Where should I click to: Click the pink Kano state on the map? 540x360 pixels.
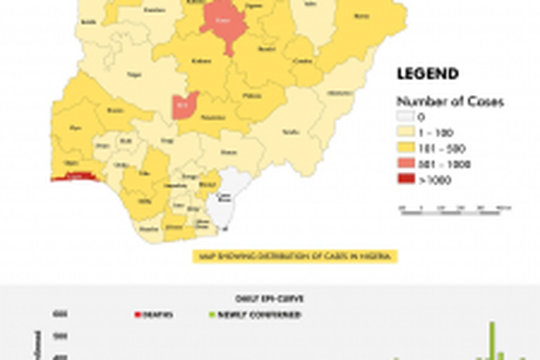pyautogui.click(x=224, y=25)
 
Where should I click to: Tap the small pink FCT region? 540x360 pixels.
pyautogui.click(x=183, y=106)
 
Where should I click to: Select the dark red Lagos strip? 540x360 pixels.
pyautogui.click(x=73, y=177)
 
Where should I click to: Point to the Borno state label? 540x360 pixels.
pyautogui.click(x=359, y=15)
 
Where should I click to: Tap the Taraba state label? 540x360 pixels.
pyautogui.click(x=291, y=132)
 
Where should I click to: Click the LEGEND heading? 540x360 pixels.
pyautogui.click(x=427, y=74)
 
